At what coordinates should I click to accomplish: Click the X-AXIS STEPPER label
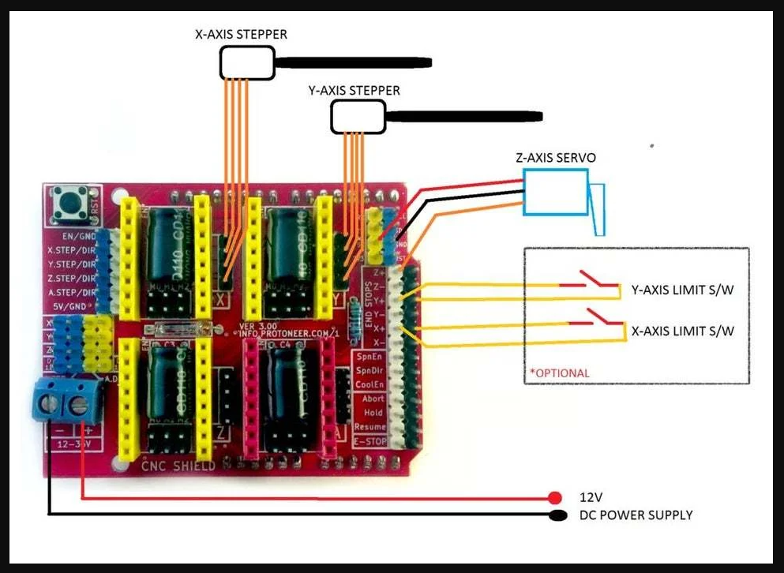coord(241,35)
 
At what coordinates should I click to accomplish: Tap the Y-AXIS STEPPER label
coord(354,91)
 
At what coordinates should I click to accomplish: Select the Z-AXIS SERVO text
coord(556,158)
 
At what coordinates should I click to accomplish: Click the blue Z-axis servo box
coord(555,193)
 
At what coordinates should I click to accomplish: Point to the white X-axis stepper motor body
coord(246,62)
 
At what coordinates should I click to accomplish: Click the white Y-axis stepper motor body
coord(357,117)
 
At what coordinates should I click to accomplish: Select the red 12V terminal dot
coord(555,498)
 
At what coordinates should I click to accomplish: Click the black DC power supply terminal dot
coord(557,516)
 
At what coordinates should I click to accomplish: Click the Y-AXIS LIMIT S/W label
coord(682,290)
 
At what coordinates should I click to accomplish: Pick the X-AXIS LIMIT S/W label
coord(682,331)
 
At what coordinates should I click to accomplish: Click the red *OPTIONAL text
coord(560,373)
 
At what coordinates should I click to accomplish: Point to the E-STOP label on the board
coord(369,442)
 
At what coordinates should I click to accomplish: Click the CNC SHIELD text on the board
coord(178,466)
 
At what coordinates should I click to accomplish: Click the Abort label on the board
coord(373,399)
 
